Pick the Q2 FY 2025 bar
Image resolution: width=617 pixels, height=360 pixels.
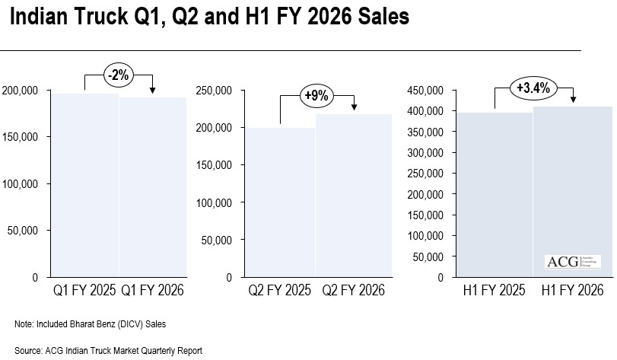pos(281,202)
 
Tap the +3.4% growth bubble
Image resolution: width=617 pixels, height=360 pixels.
pos(533,88)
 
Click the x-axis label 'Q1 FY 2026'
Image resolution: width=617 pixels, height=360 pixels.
pos(152,291)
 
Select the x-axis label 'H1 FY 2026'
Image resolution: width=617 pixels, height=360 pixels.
pos(572,291)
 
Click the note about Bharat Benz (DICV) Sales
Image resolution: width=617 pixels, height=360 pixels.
pos(91,325)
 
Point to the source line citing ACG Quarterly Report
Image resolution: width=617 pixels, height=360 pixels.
pos(108,351)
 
